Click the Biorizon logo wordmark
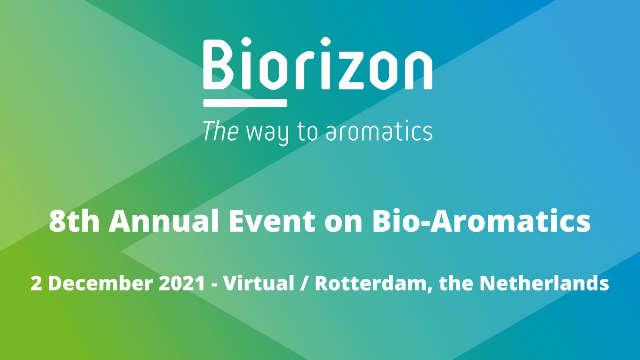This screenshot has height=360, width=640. point(318,63)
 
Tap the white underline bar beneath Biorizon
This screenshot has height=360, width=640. point(245,103)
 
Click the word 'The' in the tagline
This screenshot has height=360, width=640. point(220,131)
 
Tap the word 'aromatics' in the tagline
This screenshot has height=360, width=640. point(379,131)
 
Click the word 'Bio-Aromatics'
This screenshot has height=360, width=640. point(481,221)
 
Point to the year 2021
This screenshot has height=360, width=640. point(182,283)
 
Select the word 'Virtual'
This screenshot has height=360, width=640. point(259,283)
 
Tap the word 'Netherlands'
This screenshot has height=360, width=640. point(544,283)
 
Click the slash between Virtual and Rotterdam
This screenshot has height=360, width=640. point(305,284)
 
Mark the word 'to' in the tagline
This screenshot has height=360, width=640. point(307,133)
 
